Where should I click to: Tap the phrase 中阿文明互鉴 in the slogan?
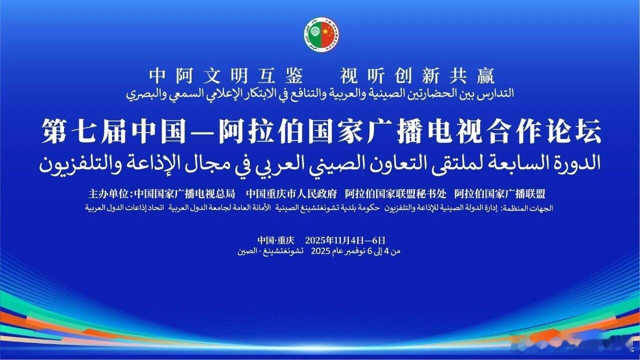pos(226,76)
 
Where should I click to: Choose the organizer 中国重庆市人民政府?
pos(291,194)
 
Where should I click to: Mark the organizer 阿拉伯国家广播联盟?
pos(499,194)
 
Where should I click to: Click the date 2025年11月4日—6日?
pos(345,239)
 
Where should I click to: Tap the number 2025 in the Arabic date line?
pos(319,251)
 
